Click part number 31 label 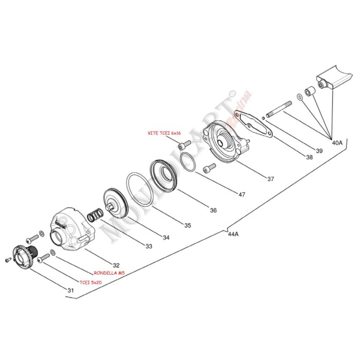tap(70, 291)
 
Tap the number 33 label tap(148, 246)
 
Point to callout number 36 tap(213, 210)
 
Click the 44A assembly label tap(233, 234)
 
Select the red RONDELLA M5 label tap(110, 273)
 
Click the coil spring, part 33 tap(94, 215)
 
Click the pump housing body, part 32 tap(69, 229)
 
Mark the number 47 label tap(241, 195)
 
